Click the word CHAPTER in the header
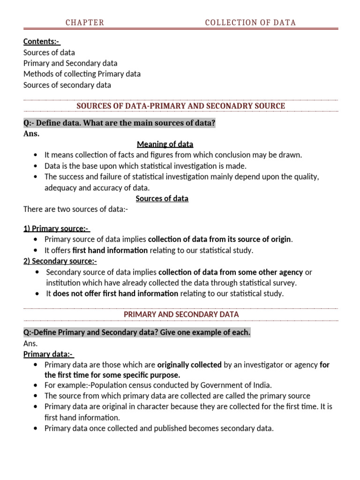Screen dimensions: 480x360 click(85, 22)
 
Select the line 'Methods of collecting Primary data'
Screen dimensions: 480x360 click(82, 74)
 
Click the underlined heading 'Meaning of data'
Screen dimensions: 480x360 click(165, 144)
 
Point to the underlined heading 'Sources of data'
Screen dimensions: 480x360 click(162, 198)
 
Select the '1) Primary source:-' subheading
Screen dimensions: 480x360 click(56, 229)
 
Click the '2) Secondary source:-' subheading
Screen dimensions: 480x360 click(60, 262)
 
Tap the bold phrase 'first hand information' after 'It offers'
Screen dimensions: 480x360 click(110, 250)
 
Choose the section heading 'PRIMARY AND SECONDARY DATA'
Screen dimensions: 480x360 click(181, 314)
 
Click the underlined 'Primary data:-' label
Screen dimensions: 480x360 click(49, 354)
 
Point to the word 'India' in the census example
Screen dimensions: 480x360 click(261, 385)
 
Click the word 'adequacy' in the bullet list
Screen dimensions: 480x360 click(60, 187)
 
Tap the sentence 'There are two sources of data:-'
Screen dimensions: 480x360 click(75, 209)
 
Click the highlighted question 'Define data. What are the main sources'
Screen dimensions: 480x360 click(119, 123)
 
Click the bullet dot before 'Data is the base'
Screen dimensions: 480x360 click(36, 166)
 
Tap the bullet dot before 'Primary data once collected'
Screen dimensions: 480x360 click(36, 428)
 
